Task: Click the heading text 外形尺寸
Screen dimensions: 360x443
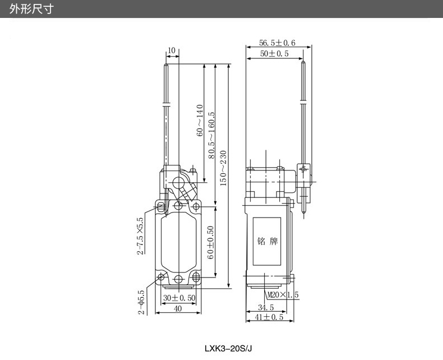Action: coord(31,9)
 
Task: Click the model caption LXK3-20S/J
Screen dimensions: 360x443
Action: coord(229,348)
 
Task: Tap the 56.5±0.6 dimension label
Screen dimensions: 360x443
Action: coord(277,43)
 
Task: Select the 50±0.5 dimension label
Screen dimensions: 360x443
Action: coord(274,53)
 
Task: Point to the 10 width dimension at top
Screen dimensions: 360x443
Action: coord(171,50)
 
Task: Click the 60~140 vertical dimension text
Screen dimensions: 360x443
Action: coord(199,121)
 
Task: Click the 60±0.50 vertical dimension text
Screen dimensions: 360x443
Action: coord(210,242)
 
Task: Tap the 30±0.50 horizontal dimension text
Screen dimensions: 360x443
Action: coord(179,298)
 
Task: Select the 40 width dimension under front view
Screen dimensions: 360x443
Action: coord(178,308)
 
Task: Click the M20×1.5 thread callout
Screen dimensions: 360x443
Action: coord(283,295)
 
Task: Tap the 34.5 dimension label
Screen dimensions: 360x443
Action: coord(266,307)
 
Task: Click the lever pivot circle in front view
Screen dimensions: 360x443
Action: coord(178,183)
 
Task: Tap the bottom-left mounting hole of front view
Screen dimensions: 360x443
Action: coord(162,276)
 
